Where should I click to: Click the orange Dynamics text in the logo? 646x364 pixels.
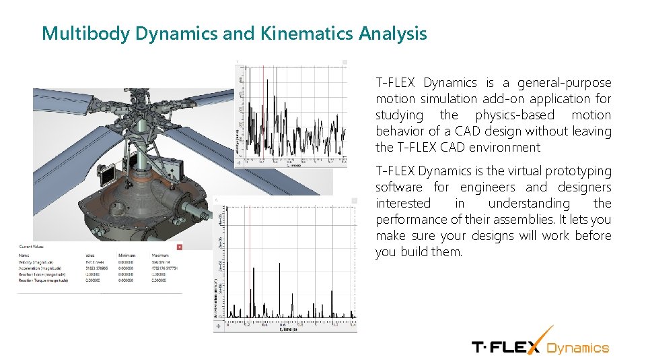tap(577, 348)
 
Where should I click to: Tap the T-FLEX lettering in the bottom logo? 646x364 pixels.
tap(505, 347)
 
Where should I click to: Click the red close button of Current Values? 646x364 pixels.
tap(179, 247)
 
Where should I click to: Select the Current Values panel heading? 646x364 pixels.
tap(32, 247)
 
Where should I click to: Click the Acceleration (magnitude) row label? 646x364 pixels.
tap(40, 268)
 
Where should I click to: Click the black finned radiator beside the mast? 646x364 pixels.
tap(106, 176)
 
